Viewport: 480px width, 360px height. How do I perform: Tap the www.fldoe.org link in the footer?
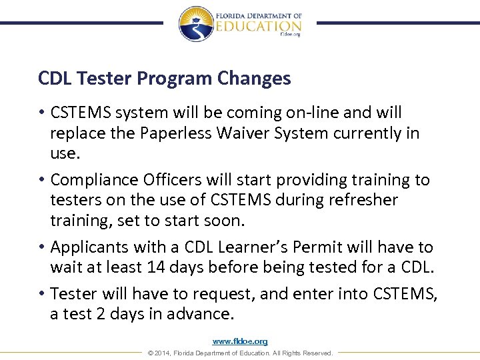pyautogui.click(x=240, y=341)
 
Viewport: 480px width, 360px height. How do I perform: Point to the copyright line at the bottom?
pyautogui.click(x=240, y=353)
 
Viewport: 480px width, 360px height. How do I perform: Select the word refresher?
pyautogui.click(x=366, y=200)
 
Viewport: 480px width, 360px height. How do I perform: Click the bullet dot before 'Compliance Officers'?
pyautogui.click(x=42, y=181)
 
